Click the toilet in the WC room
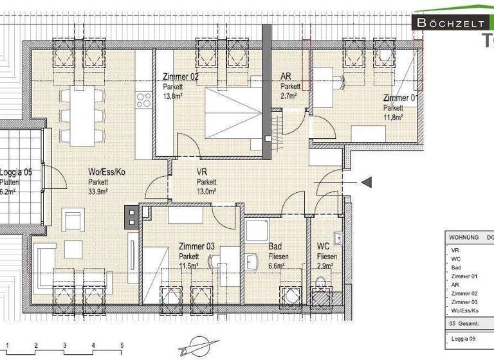pos(320,283)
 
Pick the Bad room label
pos(274,245)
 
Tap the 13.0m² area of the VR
pos(206,191)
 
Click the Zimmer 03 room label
pos(197,246)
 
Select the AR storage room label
pos(286,76)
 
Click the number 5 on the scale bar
pos(122,345)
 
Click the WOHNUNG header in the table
pos(464,237)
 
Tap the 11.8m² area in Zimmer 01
pos(393,117)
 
